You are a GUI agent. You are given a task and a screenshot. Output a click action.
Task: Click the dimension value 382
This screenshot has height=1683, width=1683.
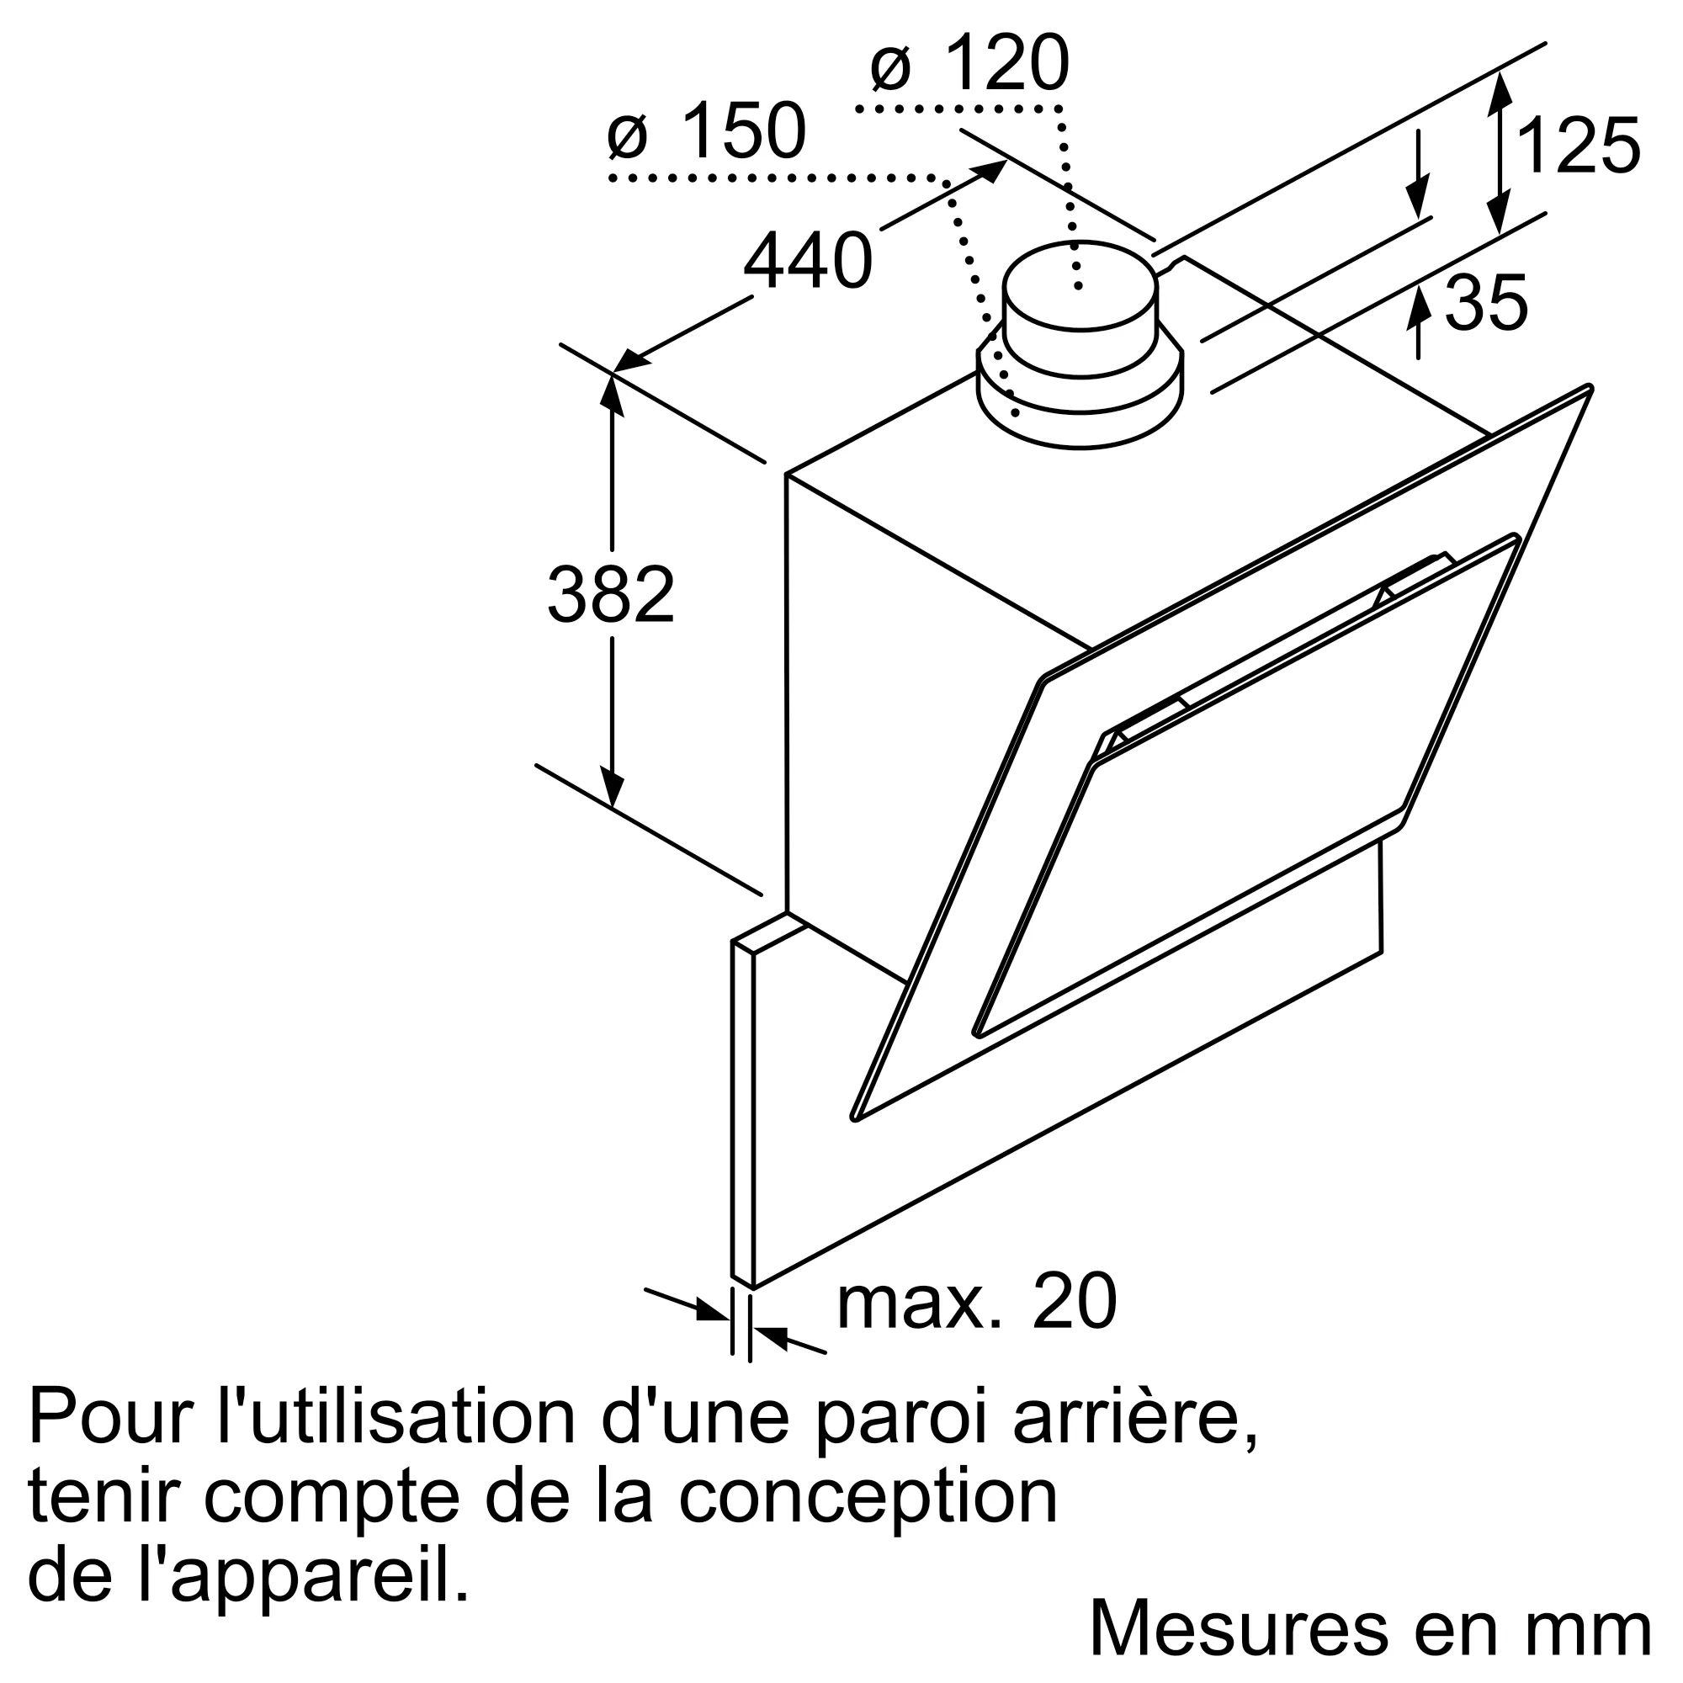point(611,594)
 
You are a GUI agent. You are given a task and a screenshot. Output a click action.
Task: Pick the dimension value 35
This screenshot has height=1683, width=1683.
point(1486,302)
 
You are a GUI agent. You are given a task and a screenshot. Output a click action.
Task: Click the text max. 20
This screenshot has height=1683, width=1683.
point(975,1325)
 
